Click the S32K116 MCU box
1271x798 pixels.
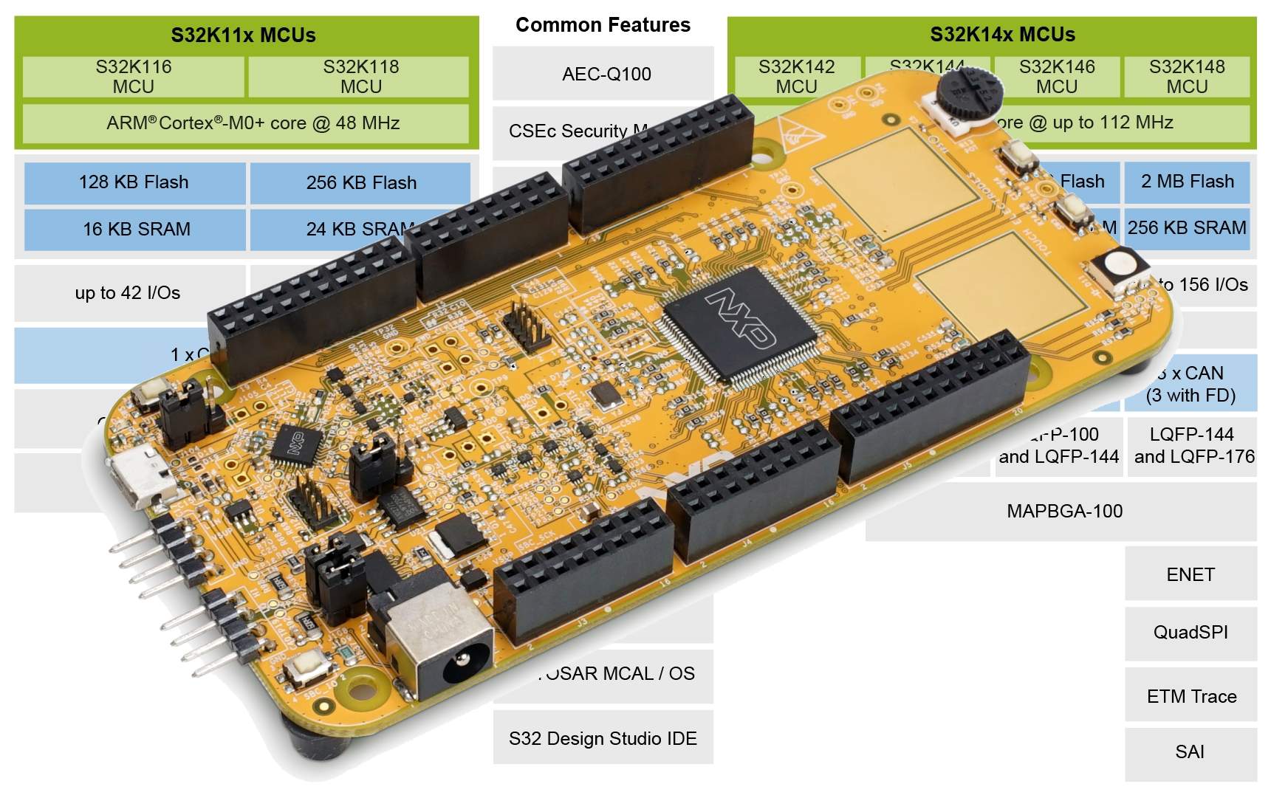tap(134, 77)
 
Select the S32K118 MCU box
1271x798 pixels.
tap(360, 77)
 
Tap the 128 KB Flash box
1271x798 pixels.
tap(134, 182)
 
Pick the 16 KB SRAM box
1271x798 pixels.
tap(136, 230)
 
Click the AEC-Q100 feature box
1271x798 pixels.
tap(606, 74)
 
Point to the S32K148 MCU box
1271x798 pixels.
tap(1186, 77)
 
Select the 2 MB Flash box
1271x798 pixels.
tap(1187, 182)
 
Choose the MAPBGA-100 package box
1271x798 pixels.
tap(1063, 512)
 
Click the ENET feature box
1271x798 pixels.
tap(1190, 574)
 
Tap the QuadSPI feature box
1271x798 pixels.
tap(1190, 633)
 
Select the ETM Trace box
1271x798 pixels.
tap(1191, 696)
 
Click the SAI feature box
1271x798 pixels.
tap(1190, 752)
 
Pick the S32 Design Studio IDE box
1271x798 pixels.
tap(603, 738)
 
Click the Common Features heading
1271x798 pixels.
tap(603, 25)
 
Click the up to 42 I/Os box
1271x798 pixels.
tap(128, 293)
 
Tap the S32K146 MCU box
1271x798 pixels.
tap(1056, 77)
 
